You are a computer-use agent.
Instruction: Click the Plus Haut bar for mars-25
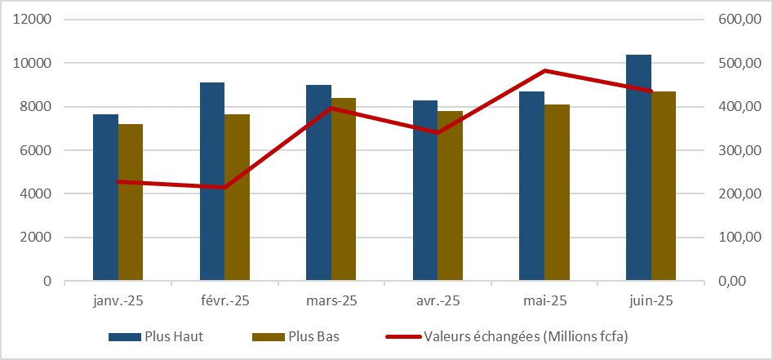(x=318, y=183)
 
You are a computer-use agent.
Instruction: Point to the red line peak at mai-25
(x=544, y=71)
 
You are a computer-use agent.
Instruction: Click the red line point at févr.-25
(x=224, y=187)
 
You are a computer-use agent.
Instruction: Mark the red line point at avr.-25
(x=438, y=132)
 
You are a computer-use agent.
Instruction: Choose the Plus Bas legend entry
(x=299, y=336)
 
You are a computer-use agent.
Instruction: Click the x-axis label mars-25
(x=331, y=301)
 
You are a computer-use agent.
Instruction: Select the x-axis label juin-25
(x=651, y=301)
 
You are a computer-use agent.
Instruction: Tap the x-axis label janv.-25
(x=118, y=301)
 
